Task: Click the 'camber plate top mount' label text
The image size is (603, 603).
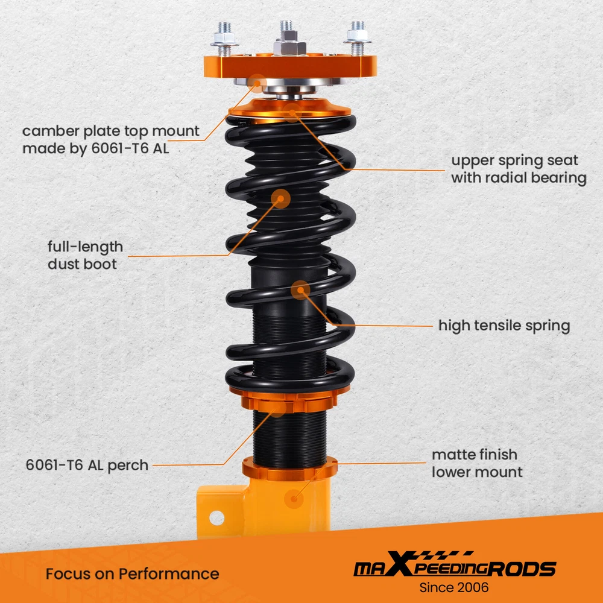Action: pyautogui.click(x=111, y=131)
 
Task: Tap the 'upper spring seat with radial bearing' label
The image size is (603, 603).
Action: pyautogui.click(x=519, y=169)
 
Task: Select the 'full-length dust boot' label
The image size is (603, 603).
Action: pyautogui.click(x=85, y=255)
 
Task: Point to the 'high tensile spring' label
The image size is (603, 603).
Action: pyautogui.click(x=504, y=326)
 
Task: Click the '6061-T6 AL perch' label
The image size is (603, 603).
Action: pyautogui.click(x=87, y=465)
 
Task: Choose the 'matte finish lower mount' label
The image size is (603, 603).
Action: pyautogui.click(x=477, y=463)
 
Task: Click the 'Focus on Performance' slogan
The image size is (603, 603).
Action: pyautogui.click(x=132, y=574)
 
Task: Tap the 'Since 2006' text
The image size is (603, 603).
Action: pyautogui.click(x=454, y=587)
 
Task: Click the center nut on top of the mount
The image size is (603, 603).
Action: pyautogui.click(x=289, y=47)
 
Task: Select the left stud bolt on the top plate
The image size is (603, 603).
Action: pyautogui.click(x=224, y=39)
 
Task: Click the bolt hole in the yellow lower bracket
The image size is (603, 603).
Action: pyautogui.click(x=216, y=518)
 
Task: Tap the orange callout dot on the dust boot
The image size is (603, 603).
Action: pyautogui.click(x=280, y=199)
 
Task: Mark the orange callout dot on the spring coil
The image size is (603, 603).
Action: pyautogui.click(x=300, y=290)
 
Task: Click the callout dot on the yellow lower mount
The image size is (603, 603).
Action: pyautogui.click(x=294, y=499)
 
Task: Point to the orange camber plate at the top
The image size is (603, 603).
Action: pyautogui.click(x=290, y=66)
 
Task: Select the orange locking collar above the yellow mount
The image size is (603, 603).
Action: pyautogui.click(x=289, y=469)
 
